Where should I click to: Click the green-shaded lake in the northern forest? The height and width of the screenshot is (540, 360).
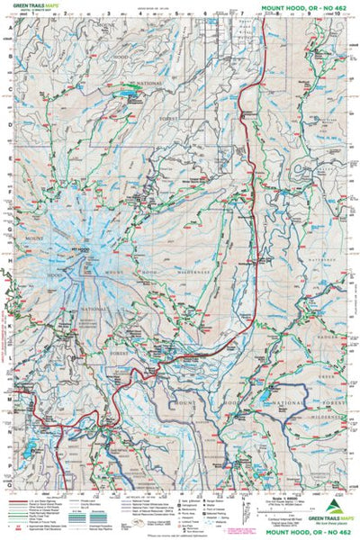click(x=126, y=93)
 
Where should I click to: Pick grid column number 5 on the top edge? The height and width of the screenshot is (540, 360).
click(x=177, y=15)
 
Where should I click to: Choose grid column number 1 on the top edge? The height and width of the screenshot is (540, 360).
click(x=38, y=15)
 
